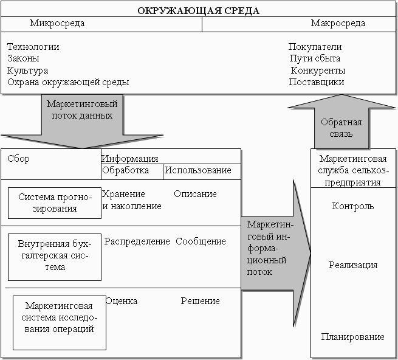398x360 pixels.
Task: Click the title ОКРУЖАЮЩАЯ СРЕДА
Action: (x=199, y=11)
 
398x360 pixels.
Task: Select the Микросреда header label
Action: (x=57, y=23)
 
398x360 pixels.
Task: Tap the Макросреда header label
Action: (x=338, y=23)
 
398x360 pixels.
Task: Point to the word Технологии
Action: (x=33, y=47)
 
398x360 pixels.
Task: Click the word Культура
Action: (x=27, y=71)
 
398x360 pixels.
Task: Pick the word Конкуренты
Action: (x=318, y=71)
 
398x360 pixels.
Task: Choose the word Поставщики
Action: (x=317, y=82)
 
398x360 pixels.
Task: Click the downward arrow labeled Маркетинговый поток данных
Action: (x=82, y=122)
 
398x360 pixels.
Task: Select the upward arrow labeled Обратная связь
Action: (x=341, y=122)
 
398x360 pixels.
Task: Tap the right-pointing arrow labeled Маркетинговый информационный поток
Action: (x=275, y=254)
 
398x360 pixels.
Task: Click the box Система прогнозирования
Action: (x=55, y=203)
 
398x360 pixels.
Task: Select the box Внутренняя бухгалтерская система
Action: (x=55, y=257)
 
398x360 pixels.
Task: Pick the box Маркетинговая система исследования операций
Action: (x=60, y=323)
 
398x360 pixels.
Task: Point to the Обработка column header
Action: (x=125, y=170)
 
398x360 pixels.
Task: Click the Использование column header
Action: (x=197, y=170)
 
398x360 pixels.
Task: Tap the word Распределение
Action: (x=137, y=241)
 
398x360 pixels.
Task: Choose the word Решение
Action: (x=201, y=301)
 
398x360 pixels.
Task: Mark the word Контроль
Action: (x=353, y=206)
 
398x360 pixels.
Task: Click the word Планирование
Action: (x=353, y=337)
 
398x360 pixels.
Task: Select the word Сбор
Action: (x=18, y=159)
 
